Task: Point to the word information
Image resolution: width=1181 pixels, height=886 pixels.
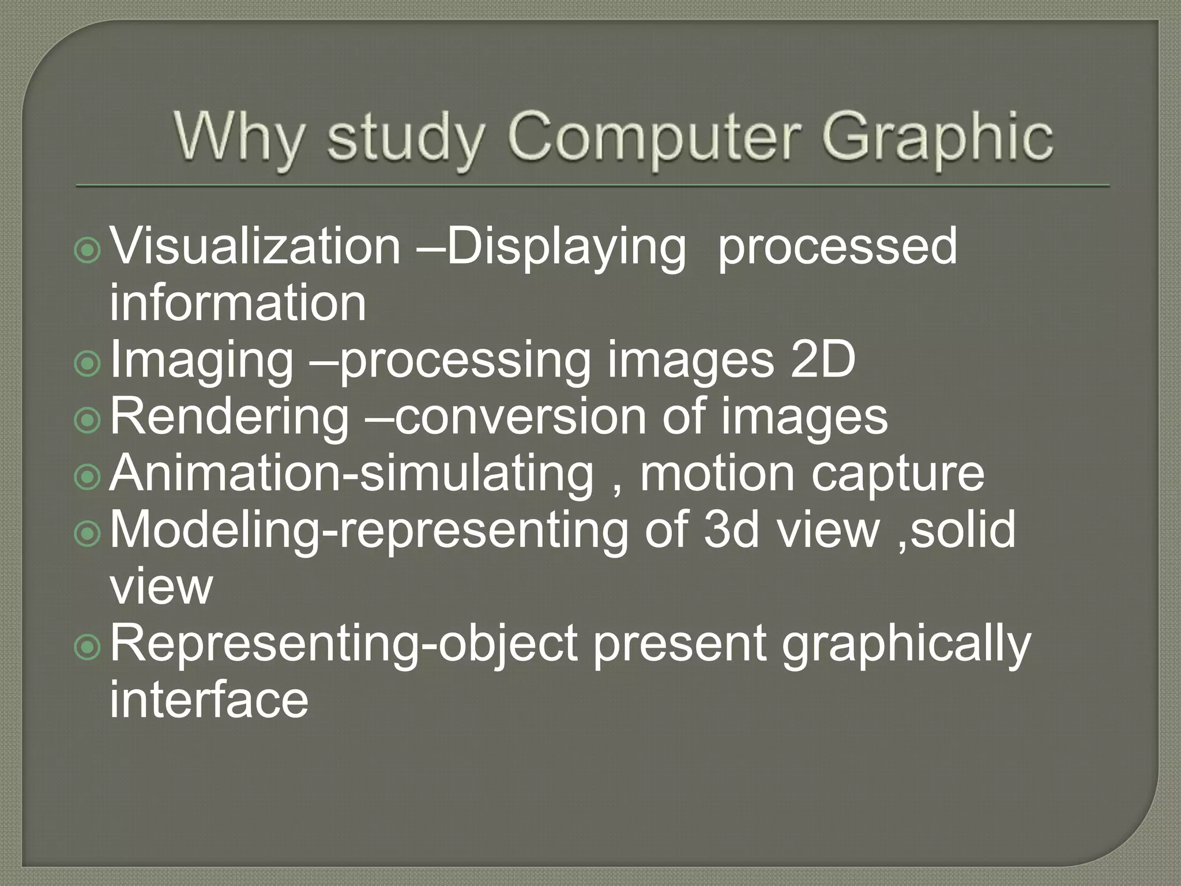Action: pos(238,303)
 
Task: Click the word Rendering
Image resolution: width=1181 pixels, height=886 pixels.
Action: pos(230,416)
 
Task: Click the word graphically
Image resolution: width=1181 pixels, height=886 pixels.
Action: pos(905,644)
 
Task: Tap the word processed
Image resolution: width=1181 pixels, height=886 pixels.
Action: pos(837,247)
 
